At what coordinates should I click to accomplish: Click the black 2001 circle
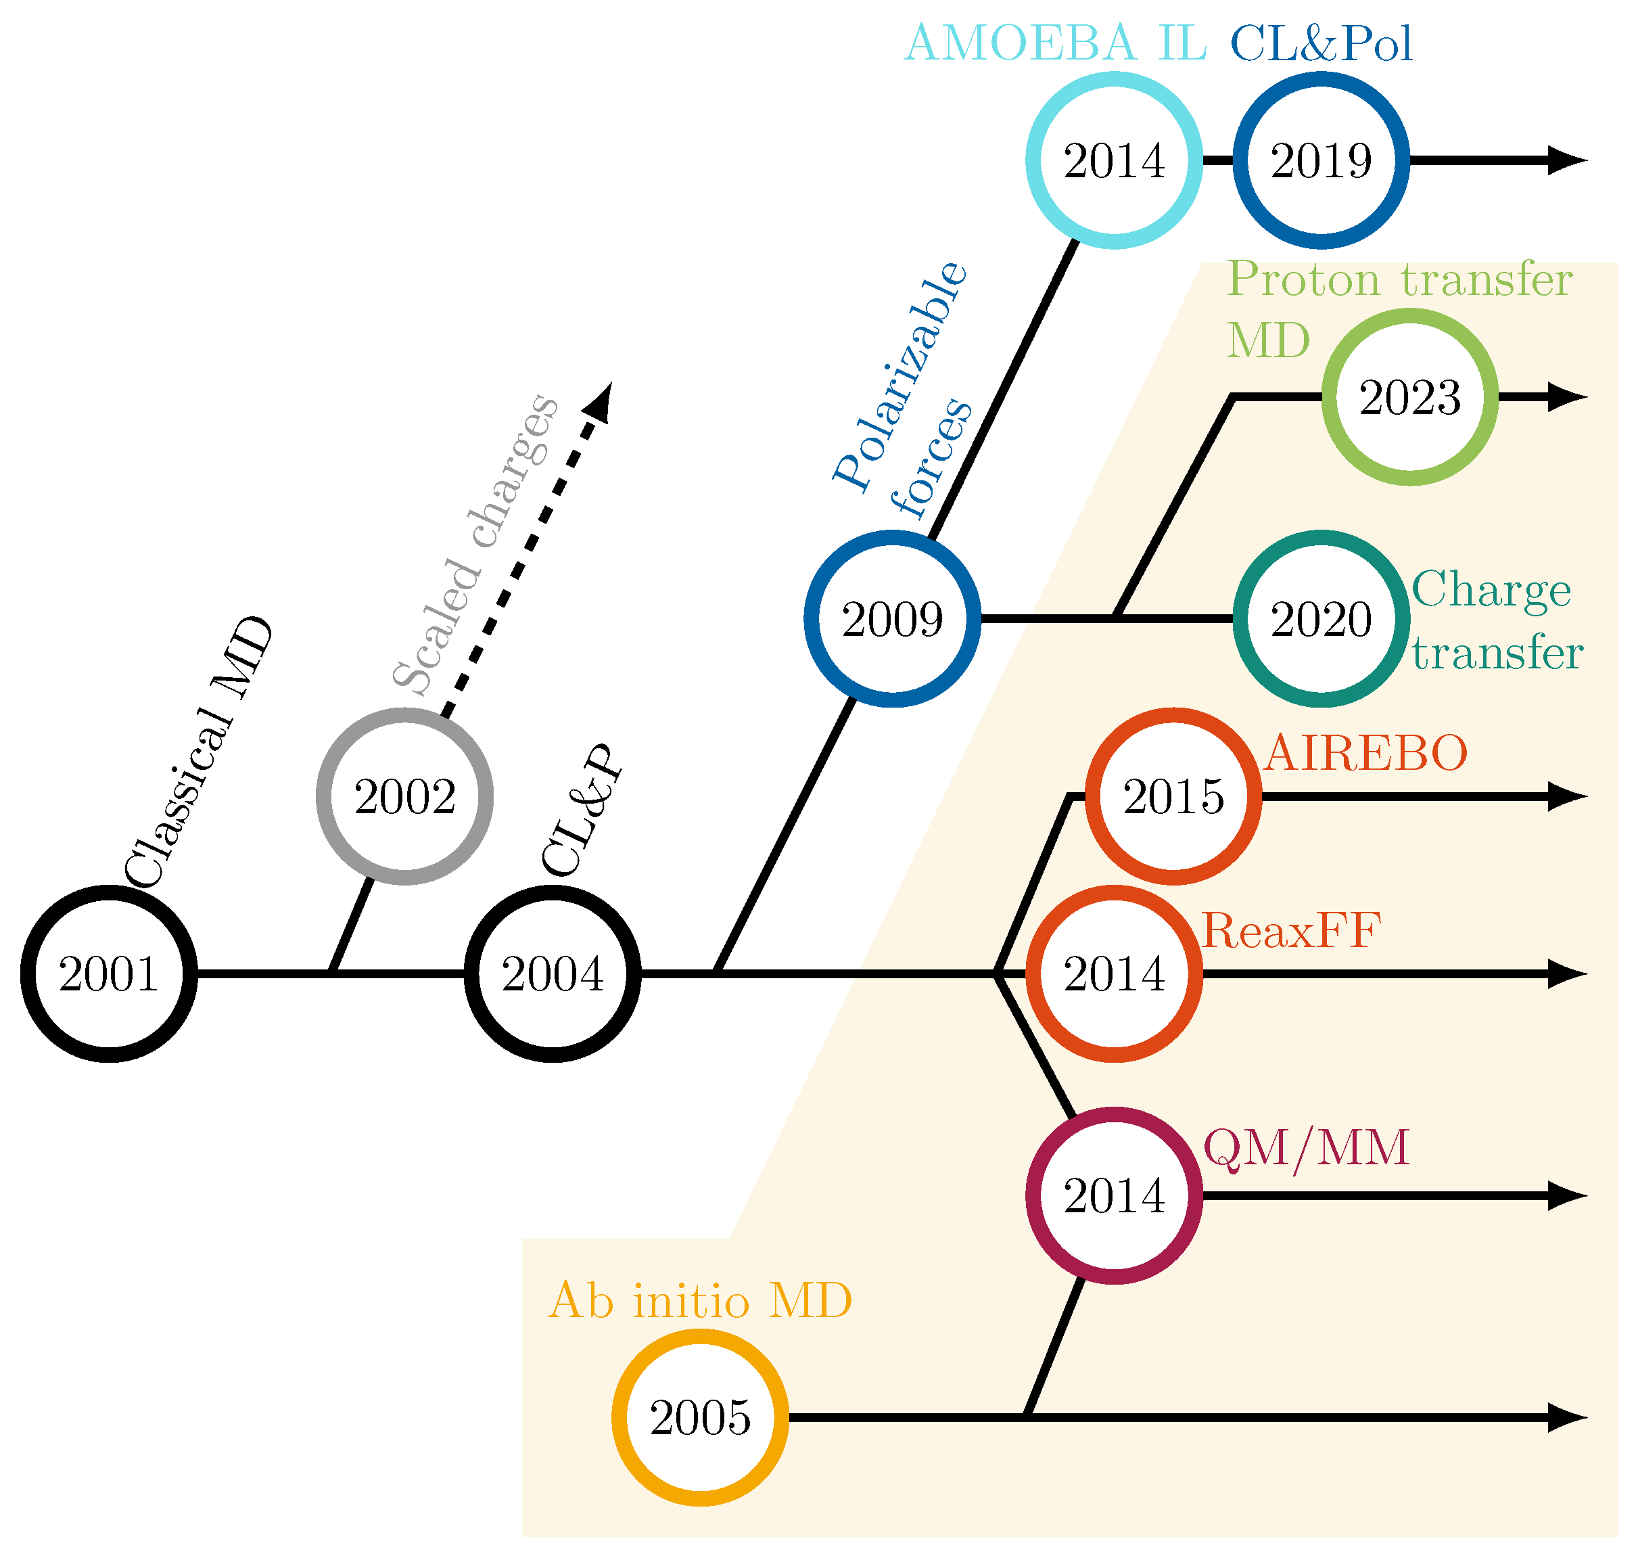tap(109, 973)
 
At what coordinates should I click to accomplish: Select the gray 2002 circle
tap(405, 797)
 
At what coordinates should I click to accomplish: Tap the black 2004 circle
tap(552, 973)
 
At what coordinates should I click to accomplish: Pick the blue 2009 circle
tap(892, 619)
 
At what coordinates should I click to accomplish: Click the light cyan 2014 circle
tap(1114, 160)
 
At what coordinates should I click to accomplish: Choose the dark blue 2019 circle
tap(1320, 160)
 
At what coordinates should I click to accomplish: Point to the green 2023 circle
tap(1409, 398)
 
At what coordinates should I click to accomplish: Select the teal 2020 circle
tap(1320, 619)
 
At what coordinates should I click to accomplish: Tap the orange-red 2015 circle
tap(1173, 797)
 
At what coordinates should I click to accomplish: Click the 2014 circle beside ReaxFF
tap(1114, 973)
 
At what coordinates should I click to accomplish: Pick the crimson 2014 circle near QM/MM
tap(1114, 1196)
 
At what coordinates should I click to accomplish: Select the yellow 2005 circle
tap(700, 1418)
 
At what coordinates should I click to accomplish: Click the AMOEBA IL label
tap(1055, 43)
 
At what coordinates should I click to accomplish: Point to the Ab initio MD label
tap(700, 1302)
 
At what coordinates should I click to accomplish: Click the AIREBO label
tap(1365, 754)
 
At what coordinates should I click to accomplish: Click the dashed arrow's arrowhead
tap(601, 400)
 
